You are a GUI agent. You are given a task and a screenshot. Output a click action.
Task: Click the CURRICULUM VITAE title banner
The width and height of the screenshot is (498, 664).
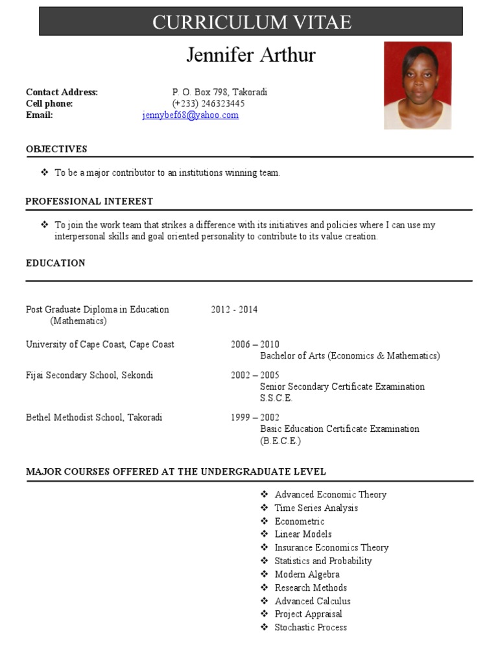[251, 21]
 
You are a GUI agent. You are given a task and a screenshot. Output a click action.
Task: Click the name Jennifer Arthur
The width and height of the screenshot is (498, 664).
[251, 55]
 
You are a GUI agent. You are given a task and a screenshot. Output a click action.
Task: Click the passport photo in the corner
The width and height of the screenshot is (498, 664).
[417, 85]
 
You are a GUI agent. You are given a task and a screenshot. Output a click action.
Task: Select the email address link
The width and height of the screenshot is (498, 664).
[191, 115]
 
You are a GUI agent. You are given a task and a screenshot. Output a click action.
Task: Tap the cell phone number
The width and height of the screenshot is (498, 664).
[208, 104]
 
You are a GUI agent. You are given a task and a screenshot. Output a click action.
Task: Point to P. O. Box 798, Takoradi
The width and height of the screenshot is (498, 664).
[219, 92]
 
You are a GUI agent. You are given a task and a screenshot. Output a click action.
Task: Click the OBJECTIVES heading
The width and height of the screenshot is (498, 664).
[56, 149]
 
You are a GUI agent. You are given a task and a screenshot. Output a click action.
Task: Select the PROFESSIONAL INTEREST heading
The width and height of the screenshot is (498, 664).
[89, 202]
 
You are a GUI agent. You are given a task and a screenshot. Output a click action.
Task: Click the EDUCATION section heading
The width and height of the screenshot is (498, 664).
[56, 263]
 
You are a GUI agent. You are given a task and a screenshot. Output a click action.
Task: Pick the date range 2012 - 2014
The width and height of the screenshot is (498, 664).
[234, 309]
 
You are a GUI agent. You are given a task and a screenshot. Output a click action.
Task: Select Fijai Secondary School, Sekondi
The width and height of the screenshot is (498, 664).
[89, 375]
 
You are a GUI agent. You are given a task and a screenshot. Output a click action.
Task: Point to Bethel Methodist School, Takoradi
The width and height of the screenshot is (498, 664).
[94, 417]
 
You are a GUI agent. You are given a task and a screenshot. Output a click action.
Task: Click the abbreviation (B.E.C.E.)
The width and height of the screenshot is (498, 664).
[281, 441]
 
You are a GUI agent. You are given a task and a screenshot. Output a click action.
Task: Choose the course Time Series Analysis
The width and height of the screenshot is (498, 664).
[316, 508]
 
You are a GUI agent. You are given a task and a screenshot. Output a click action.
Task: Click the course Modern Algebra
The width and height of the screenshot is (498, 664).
[307, 575]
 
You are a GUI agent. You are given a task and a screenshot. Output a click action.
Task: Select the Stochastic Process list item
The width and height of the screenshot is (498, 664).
[311, 628]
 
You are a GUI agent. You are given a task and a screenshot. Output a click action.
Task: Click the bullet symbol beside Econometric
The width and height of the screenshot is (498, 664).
[265, 521]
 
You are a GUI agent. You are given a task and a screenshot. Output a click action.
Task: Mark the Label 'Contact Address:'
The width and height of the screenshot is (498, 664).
[62, 92]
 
